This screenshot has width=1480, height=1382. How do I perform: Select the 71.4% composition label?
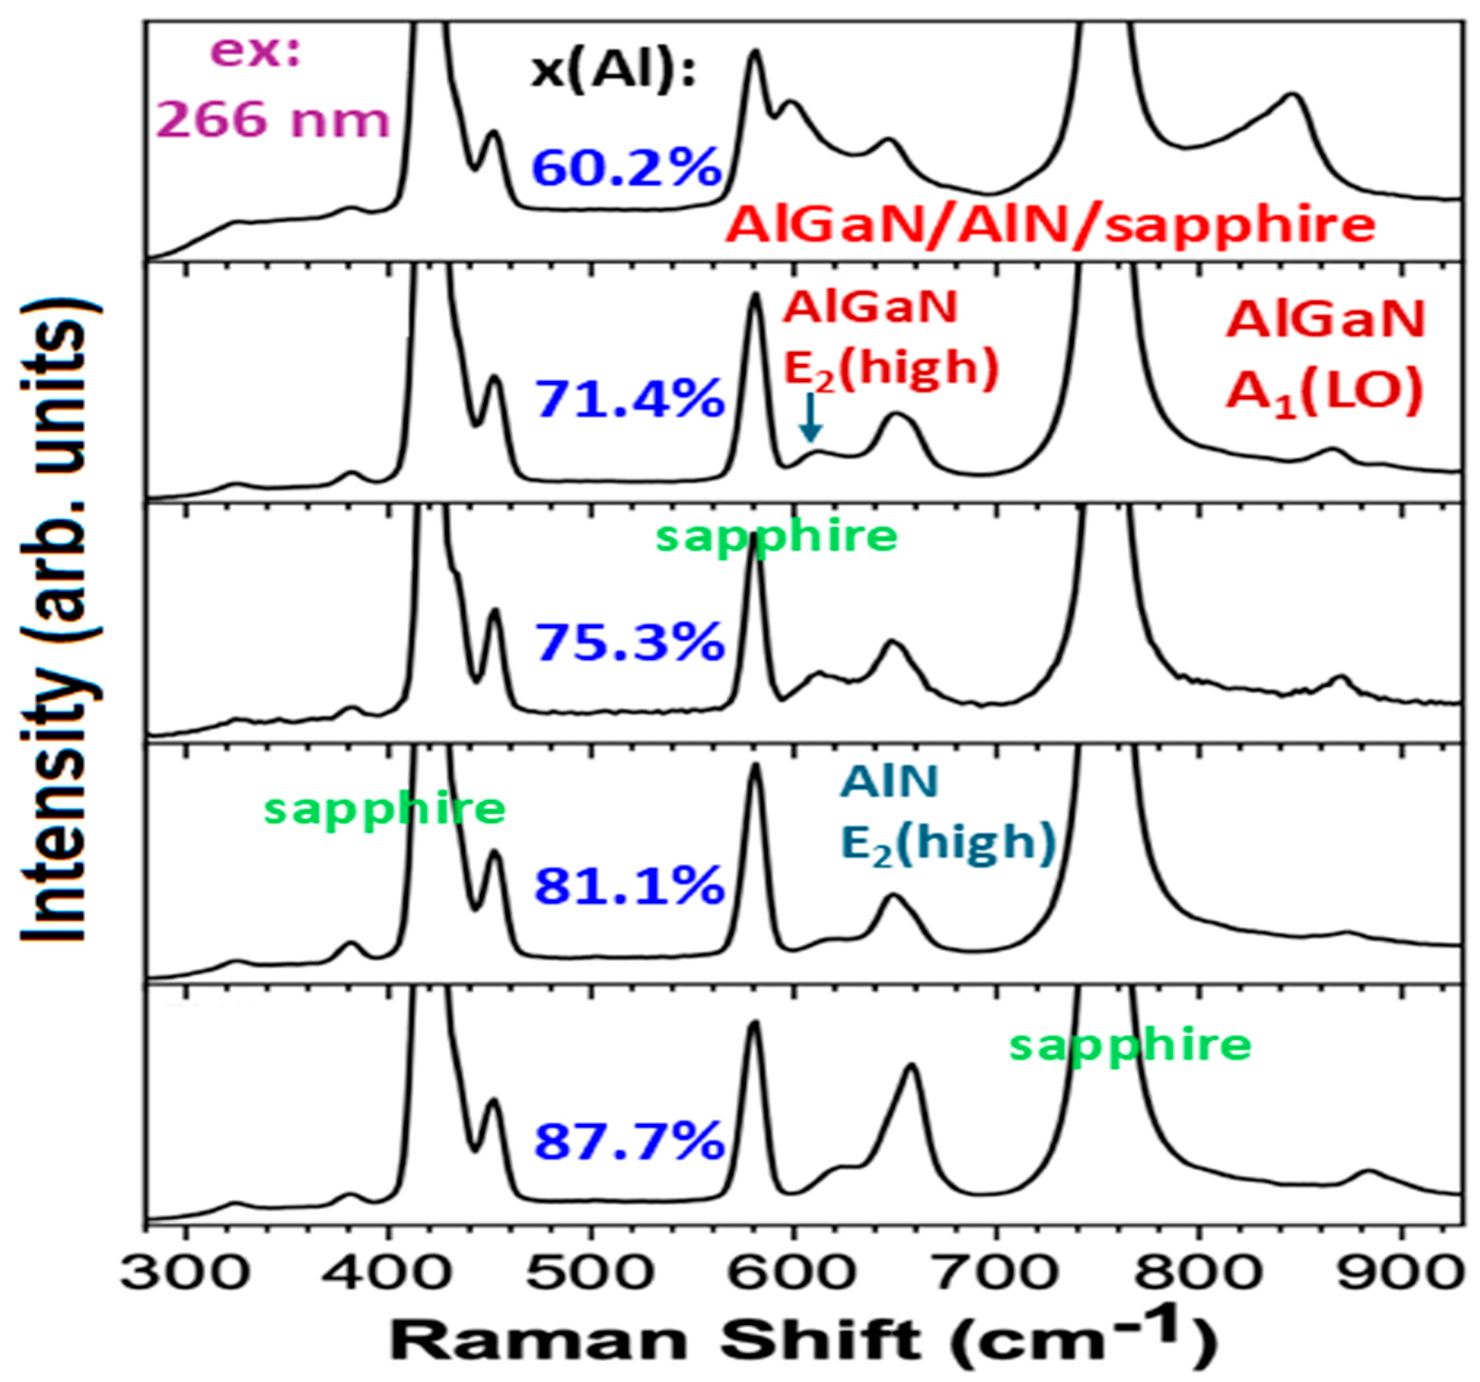(630, 398)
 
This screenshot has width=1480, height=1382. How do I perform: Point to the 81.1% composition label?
(630, 884)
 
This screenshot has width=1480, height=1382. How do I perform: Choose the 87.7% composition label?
(630, 1141)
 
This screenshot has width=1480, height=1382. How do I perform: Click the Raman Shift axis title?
(804, 1340)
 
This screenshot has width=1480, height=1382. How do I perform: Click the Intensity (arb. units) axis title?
(59, 622)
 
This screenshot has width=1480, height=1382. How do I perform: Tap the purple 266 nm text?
(274, 121)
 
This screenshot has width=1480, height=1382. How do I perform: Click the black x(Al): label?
(613, 72)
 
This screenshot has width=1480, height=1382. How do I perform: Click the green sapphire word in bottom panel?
(1130, 1045)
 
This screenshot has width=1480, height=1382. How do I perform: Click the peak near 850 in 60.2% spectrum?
(1293, 95)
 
